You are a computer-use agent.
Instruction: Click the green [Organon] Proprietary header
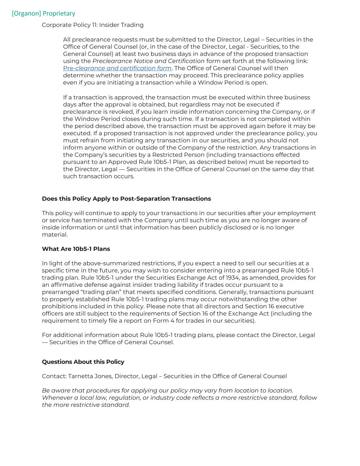43,13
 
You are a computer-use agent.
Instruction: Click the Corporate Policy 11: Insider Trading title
92,25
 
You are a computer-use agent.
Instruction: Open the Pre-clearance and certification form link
117,68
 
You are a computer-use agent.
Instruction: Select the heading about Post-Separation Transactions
126,199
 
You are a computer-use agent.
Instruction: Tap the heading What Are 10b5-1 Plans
76,249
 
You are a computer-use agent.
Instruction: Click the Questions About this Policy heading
83,362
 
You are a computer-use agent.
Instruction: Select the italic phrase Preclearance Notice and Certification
148,61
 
